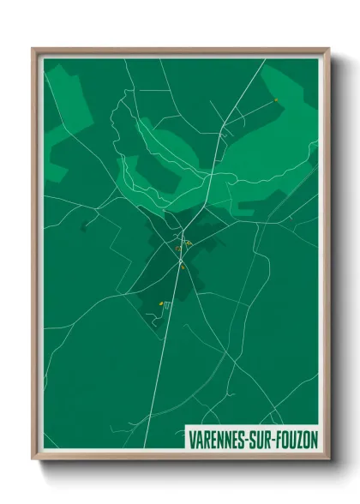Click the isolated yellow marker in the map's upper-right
coord(276,100)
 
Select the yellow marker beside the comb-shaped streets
coord(160,304)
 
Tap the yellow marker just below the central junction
coord(183,267)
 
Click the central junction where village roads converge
coord(183,237)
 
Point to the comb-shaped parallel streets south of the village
coord(167,305)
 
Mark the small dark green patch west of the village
coord(84,227)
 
